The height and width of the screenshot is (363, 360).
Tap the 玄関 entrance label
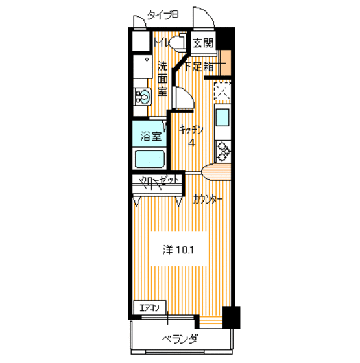203,44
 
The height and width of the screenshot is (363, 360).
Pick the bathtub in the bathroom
150,159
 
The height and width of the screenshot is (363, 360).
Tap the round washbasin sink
143,97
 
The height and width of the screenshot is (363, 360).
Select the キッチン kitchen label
192,129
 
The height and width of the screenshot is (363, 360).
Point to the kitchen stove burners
223,150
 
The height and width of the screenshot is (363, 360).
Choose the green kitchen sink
223,119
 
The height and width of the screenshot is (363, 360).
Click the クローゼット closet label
159,181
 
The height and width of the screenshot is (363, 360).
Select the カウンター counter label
208,199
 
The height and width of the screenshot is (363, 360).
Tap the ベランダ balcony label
179,340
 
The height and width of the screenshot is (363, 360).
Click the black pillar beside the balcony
232,317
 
